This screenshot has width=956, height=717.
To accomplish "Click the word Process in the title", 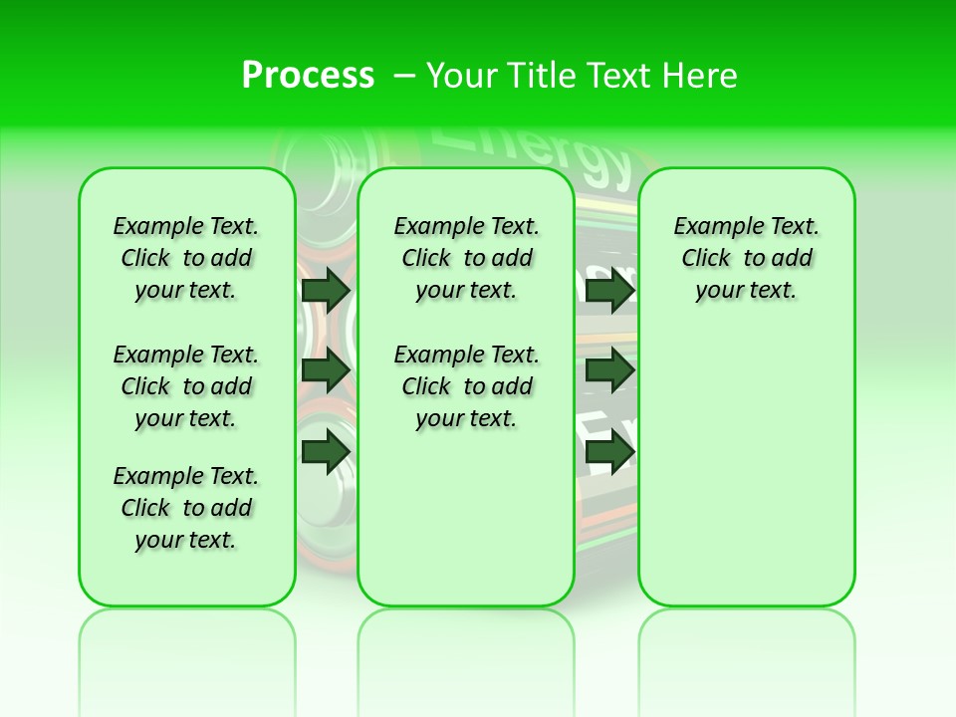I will pos(308,76).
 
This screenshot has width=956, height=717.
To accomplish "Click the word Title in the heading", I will pos(533,76).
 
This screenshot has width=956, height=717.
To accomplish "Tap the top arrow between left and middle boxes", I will pos(325,290).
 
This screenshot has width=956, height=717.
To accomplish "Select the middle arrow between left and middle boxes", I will pos(325,370).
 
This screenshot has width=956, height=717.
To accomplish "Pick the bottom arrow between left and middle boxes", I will pos(325,451).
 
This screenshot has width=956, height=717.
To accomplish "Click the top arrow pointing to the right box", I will pos(609,290).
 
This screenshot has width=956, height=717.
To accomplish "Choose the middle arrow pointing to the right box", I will pos(609,370).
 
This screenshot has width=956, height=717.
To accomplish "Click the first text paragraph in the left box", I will pos(186,258).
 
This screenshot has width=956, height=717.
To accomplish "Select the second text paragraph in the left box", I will pos(186,386).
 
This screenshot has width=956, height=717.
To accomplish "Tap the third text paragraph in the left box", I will pos(186,508).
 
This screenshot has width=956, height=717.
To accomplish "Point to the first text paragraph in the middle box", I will pos(466,258).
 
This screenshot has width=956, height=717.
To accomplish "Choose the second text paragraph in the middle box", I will pos(466,386).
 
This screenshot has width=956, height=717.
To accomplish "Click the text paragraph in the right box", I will pos(746,258).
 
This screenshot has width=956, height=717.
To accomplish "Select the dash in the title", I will pos(403,76).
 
